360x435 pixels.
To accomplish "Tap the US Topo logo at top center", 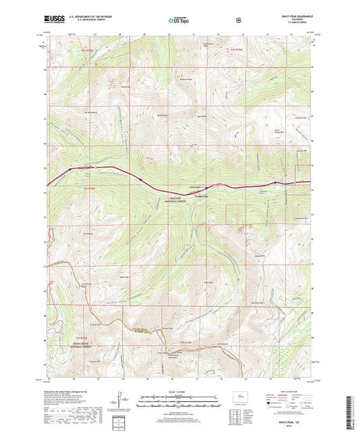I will click(179, 20).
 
